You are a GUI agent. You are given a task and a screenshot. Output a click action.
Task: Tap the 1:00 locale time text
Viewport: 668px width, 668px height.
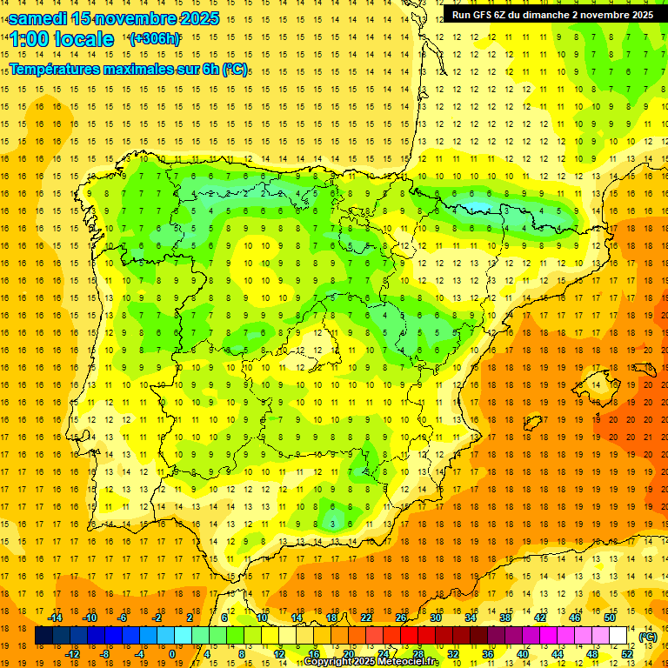[62, 39]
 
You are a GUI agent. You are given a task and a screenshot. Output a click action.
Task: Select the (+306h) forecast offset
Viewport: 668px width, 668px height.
[155, 39]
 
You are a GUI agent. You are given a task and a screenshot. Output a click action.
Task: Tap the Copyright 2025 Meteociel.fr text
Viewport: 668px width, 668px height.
[371, 662]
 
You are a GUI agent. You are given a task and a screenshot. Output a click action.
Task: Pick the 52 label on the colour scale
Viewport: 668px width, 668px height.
[627, 654]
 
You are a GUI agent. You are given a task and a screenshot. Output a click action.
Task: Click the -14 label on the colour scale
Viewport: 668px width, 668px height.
[55, 618]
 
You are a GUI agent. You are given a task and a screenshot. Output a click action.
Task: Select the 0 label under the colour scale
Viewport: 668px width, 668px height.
[172, 654]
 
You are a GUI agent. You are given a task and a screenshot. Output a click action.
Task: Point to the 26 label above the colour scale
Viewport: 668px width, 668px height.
[401, 618]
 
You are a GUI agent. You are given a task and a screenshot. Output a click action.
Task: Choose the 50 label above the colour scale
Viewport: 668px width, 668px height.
[610, 618]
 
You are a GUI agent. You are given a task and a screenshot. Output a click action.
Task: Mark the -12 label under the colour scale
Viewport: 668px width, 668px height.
[73, 654]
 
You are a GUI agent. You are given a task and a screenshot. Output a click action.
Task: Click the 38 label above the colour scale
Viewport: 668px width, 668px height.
[505, 618]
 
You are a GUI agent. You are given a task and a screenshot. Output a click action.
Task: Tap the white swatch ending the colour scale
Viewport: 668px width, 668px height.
[618, 636]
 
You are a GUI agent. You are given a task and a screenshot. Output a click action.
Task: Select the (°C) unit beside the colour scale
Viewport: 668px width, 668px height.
[647, 637]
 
